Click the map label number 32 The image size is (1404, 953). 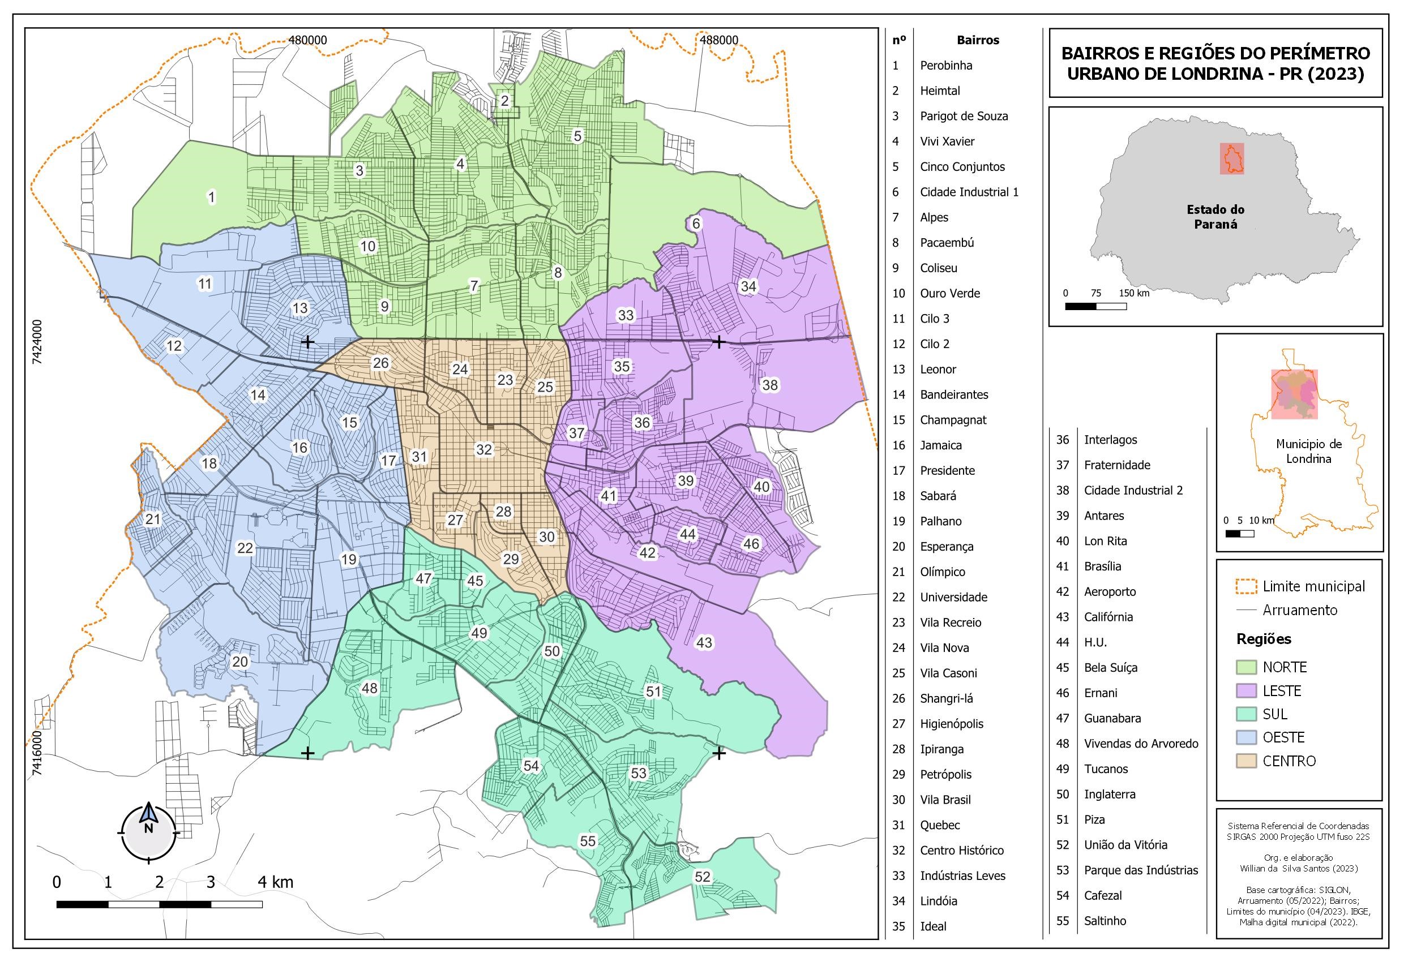(x=484, y=449)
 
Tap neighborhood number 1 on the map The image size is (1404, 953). (x=211, y=197)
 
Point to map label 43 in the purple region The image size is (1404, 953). (x=704, y=642)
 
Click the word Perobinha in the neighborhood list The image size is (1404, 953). (x=945, y=65)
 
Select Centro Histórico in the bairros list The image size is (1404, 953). (x=961, y=851)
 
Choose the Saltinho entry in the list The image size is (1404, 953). (x=1105, y=920)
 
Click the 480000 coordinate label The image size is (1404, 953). (x=307, y=41)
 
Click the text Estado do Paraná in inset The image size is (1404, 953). (x=1215, y=217)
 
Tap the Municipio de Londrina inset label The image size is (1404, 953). (x=1308, y=451)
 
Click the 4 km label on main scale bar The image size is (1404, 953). (x=275, y=882)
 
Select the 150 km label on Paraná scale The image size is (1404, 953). (x=1134, y=294)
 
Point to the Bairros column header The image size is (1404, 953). (x=978, y=41)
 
